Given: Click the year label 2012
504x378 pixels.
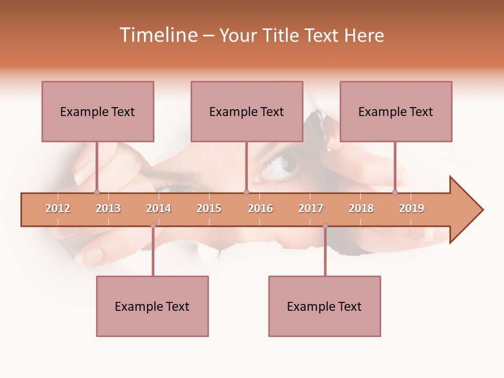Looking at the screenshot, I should click(58, 208).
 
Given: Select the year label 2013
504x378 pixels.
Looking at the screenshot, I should click(108, 208).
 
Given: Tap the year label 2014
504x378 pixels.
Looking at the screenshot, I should click(159, 208).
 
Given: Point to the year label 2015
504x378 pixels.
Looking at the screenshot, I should click(209, 208).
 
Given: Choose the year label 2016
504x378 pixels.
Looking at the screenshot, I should click(260, 208).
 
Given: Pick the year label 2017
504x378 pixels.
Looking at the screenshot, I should click(311, 208).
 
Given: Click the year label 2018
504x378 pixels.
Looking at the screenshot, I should click(361, 208).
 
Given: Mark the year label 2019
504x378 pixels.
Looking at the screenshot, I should click(412, 208).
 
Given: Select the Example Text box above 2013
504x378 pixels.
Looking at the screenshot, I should click(98, 111).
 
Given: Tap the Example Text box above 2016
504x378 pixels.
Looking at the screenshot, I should click(247, 111).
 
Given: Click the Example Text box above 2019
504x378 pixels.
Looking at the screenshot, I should click(396, 111).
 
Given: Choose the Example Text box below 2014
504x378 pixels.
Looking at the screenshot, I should click(152, 306).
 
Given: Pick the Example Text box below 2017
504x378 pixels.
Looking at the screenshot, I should click(324, 306).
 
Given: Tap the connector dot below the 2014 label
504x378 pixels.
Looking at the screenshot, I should click(153, 226).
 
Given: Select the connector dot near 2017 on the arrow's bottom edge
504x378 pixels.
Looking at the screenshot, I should click(325, 226).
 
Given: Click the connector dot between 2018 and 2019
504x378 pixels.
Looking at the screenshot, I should click(395, 193).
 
